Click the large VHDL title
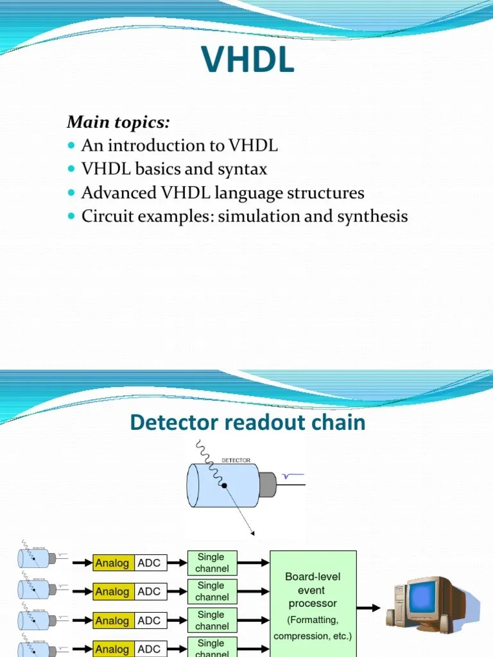[x=248, y=61]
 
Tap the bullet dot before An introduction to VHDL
[x=71, y=146]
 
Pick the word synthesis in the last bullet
[x=376, y=216]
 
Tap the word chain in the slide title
[x=339, y=422]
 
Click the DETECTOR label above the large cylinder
[x=236, y=461]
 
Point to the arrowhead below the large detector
[x=252, y=533]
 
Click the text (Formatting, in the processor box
[x=313, y=620]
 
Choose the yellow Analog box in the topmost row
[x=112, y=563]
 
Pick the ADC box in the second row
[x=149, y=592]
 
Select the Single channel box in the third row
[x=211, y=620]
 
